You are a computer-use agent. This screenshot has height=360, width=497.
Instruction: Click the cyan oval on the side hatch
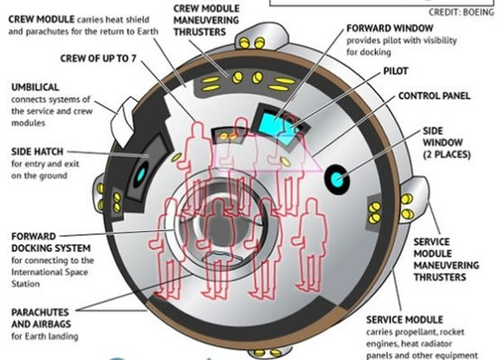[x=140, y=172]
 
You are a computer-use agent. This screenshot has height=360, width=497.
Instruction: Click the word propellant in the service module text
[x=424, y=333]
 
